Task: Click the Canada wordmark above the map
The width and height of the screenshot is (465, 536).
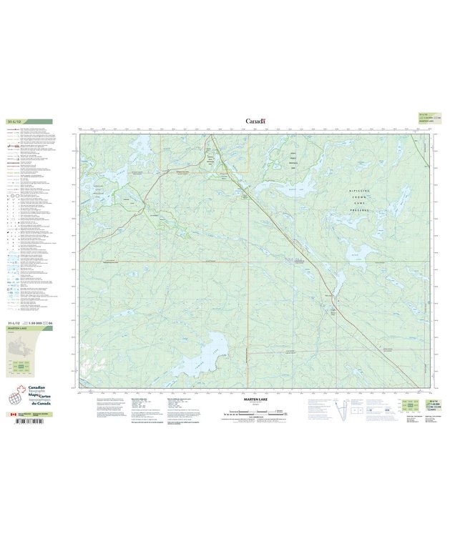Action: pos(255,121)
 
